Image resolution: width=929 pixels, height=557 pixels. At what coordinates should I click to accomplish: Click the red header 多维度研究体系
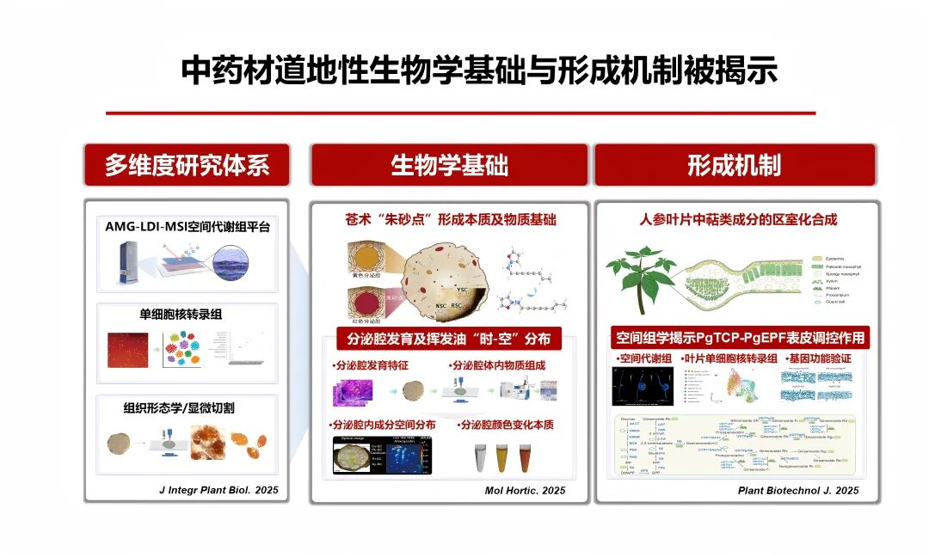point(187,165)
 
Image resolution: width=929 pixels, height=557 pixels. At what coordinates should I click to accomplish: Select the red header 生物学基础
point(449,165)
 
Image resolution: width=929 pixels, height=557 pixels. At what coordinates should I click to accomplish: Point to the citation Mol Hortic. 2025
point(525,490)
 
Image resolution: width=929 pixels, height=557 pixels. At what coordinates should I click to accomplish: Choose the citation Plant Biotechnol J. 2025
point(798,490)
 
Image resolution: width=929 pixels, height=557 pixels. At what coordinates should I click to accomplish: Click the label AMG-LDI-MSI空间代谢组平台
point(186,228)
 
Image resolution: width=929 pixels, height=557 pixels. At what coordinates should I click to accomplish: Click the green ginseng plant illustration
point(641,275)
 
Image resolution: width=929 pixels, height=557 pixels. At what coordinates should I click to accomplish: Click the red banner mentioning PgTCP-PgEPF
point(739,337)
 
